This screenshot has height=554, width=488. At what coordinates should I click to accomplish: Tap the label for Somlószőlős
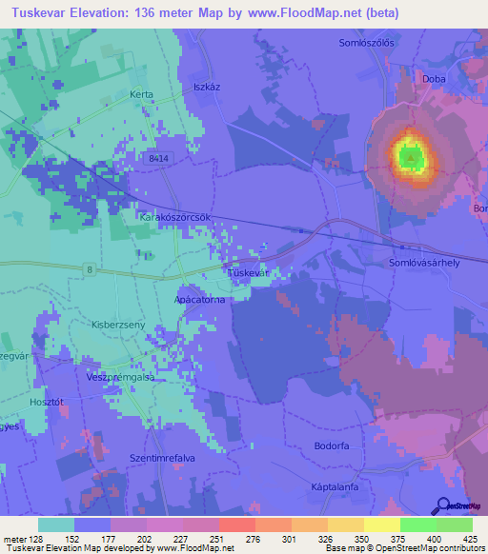pos(366,43)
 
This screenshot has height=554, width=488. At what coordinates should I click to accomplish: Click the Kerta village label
pos(141,95)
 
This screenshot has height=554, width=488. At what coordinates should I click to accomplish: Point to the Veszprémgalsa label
pos(119,376)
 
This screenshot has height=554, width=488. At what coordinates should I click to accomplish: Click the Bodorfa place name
pos(332,445)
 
